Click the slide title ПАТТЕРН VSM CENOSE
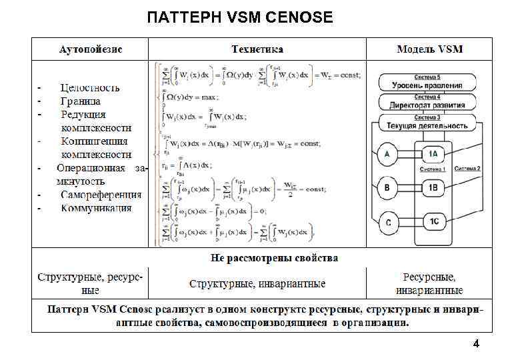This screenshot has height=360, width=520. pos(240,17)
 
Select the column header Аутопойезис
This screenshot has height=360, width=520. pos(91,50)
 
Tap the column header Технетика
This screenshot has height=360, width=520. pos(257,50)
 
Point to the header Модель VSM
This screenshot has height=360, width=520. pos(429,50)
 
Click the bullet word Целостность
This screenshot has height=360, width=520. pos(90,87)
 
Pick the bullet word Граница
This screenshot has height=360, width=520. pos(81,101)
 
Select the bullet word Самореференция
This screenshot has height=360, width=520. pos(101,195)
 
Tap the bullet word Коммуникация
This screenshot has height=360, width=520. pos(96,208)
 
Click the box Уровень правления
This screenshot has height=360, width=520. pos(427,85)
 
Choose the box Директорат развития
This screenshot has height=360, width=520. pos(427,105)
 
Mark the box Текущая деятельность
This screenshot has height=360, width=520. pos(427,125)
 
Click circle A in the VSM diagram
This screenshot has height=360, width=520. pos(387,155)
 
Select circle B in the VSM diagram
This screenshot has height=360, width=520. pos(387,189)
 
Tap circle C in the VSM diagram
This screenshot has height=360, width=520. pos(387,221)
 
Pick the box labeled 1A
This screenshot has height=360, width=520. pos(433,155)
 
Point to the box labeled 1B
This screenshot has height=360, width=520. pos(433,189)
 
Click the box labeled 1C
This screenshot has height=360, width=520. pos(433,221)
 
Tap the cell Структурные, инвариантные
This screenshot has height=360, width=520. pos(257,284)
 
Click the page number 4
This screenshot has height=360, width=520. pos(475,344)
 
